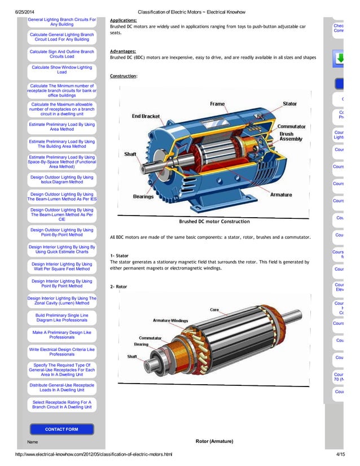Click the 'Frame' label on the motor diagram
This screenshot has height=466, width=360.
[x=217, y=104]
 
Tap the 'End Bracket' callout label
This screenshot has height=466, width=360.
[x=146, y=116]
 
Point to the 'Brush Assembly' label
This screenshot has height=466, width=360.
[x=291, y=137]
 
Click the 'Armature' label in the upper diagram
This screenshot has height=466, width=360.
[x=281, y=195]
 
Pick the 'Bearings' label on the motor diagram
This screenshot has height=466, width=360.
[x=144, y=196]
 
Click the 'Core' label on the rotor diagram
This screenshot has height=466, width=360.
[x=214, y=310]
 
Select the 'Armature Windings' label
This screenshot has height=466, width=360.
[x=170, y=320]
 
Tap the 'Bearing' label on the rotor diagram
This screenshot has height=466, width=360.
[x=141, y=344]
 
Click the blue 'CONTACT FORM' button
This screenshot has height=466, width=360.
[x=62, y=429]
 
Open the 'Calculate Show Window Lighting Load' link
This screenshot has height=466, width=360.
[x=62, y=69]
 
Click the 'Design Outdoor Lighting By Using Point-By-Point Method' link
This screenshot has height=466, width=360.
[x=62, y=232]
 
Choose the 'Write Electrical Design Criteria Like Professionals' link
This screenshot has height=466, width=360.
[x=62, y=352]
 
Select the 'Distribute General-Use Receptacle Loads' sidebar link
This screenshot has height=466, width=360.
[x=62, y=387]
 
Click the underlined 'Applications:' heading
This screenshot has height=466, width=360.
[x=123, y=20]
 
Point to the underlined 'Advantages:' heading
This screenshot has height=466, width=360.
[x=123, y=51]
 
